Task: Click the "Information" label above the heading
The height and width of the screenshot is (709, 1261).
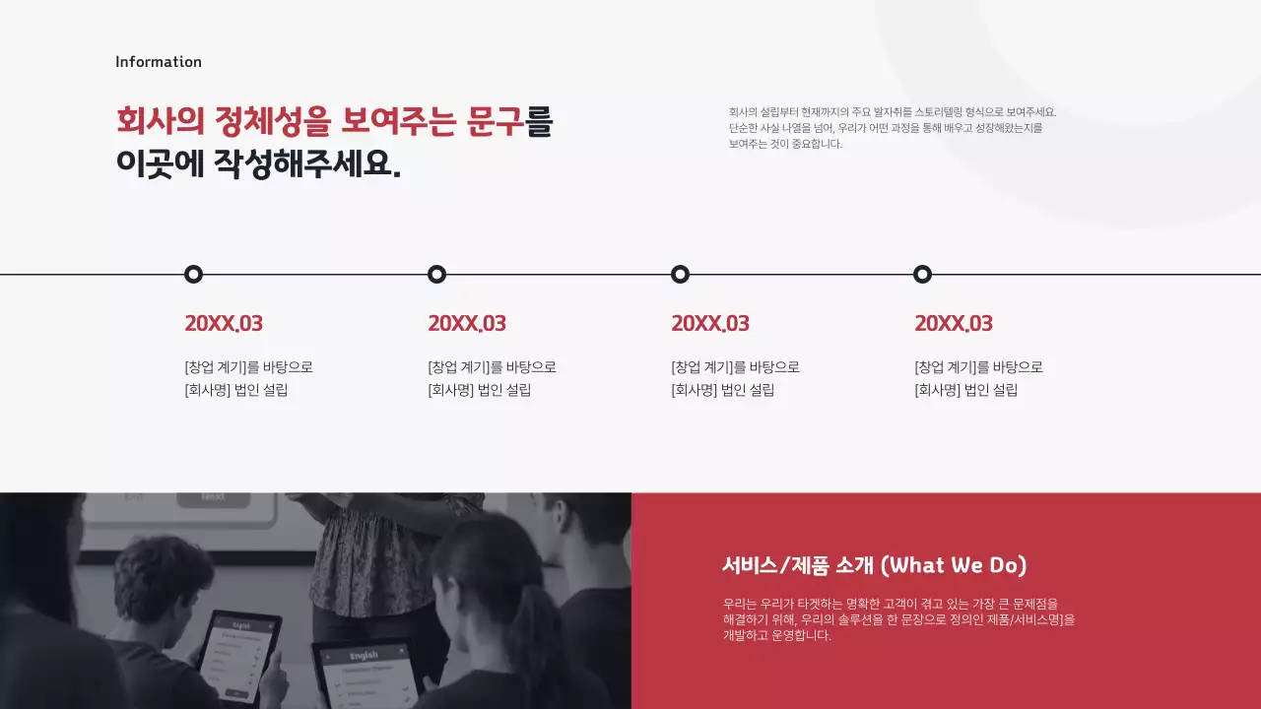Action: [158, 62]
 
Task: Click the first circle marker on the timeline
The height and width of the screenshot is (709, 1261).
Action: [194, 275]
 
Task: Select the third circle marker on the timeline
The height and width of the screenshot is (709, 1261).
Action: [680, 275]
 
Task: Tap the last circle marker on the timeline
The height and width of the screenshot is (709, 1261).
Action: [922, 275]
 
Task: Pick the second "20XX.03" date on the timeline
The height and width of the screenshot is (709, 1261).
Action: [467, 323]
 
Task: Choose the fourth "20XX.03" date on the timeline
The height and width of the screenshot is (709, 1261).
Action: [954, 323]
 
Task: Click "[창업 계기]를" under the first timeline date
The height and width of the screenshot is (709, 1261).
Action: [222, 367]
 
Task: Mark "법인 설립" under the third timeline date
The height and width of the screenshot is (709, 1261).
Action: [748, 390]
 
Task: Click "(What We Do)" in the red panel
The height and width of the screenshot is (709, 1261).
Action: [954, 565]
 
